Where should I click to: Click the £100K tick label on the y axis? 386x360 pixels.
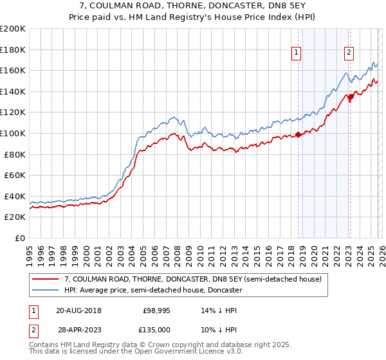12,133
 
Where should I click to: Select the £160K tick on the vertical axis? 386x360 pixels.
12,70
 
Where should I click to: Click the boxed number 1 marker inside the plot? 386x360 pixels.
297,53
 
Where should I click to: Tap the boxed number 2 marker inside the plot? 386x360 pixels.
349,53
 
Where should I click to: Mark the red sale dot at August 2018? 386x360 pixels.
298,134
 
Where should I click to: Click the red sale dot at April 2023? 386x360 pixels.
351,96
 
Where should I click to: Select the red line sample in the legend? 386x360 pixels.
45,279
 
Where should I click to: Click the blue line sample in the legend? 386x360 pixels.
45,290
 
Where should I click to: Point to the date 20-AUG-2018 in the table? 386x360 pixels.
78,310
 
